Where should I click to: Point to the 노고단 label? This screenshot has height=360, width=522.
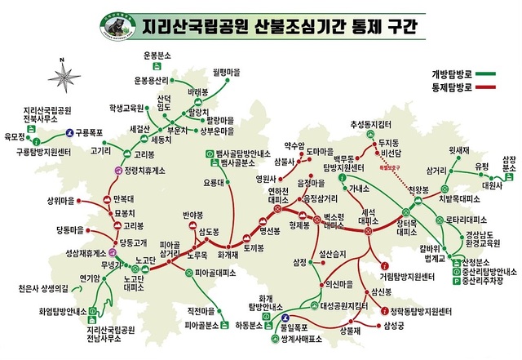point(146,260)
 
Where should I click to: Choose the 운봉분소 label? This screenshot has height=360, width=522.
point(157,55)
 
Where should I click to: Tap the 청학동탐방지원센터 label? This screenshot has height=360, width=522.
point(420,311)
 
